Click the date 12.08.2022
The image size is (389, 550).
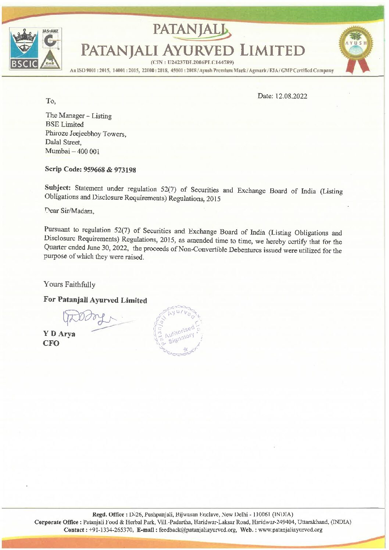[x=293, y=96]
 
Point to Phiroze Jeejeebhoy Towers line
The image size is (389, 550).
[x=86, y=134]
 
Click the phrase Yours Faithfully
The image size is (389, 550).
[x=69, y=284]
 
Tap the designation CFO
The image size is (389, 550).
[x=51, y=344]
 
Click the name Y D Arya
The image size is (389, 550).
[x=59, y=334]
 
